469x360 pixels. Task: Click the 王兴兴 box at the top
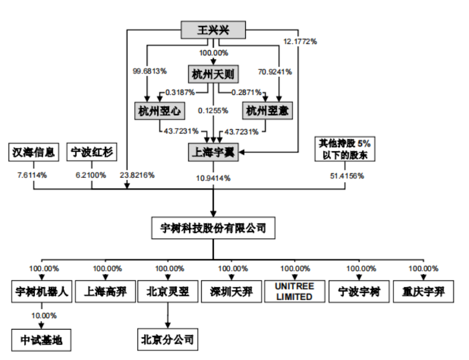pos(213,30)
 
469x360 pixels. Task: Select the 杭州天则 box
pos(213,74)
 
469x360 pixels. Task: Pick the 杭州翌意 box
pos(267,111)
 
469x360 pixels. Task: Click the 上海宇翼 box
pos(213,152)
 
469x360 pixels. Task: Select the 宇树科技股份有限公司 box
pos(213,228)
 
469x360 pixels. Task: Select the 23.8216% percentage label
pos(138,175)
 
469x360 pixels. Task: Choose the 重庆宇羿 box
pos(423,292)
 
